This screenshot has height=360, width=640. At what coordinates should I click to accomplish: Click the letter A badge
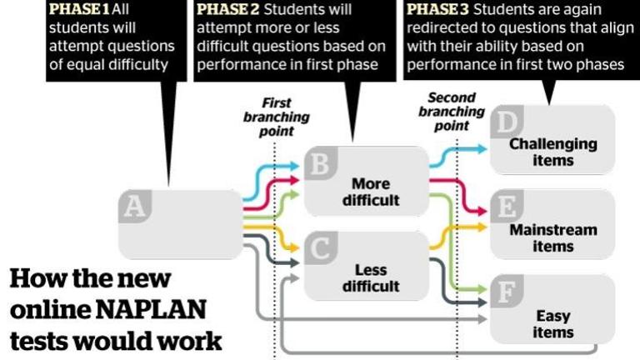coord(132,206)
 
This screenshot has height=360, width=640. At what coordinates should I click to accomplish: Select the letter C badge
coord(319,247)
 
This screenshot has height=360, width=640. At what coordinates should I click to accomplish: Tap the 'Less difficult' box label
coord(371,277)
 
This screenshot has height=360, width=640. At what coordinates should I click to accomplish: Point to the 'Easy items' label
coord(553,323)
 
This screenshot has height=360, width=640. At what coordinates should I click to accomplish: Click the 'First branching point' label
coord(276,117)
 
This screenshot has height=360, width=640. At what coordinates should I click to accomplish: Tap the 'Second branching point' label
coord(452,111)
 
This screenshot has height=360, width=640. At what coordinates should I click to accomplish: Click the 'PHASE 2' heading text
coord(225,10)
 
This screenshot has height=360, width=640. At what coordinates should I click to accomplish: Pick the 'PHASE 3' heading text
coord(436,10)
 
